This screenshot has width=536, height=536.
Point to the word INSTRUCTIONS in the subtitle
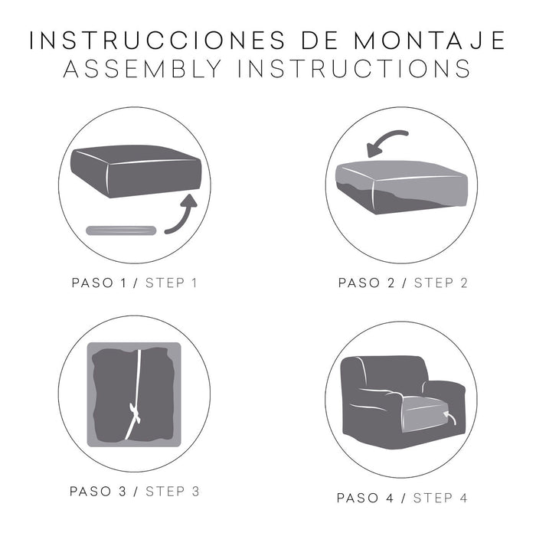(x=353, y=69)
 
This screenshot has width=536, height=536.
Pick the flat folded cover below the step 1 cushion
(x=121, y=230)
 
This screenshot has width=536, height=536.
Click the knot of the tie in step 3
(x=136, y=413)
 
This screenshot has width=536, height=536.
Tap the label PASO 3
(x=100, y=491)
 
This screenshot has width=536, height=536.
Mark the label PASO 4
(x=367, y=498)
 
